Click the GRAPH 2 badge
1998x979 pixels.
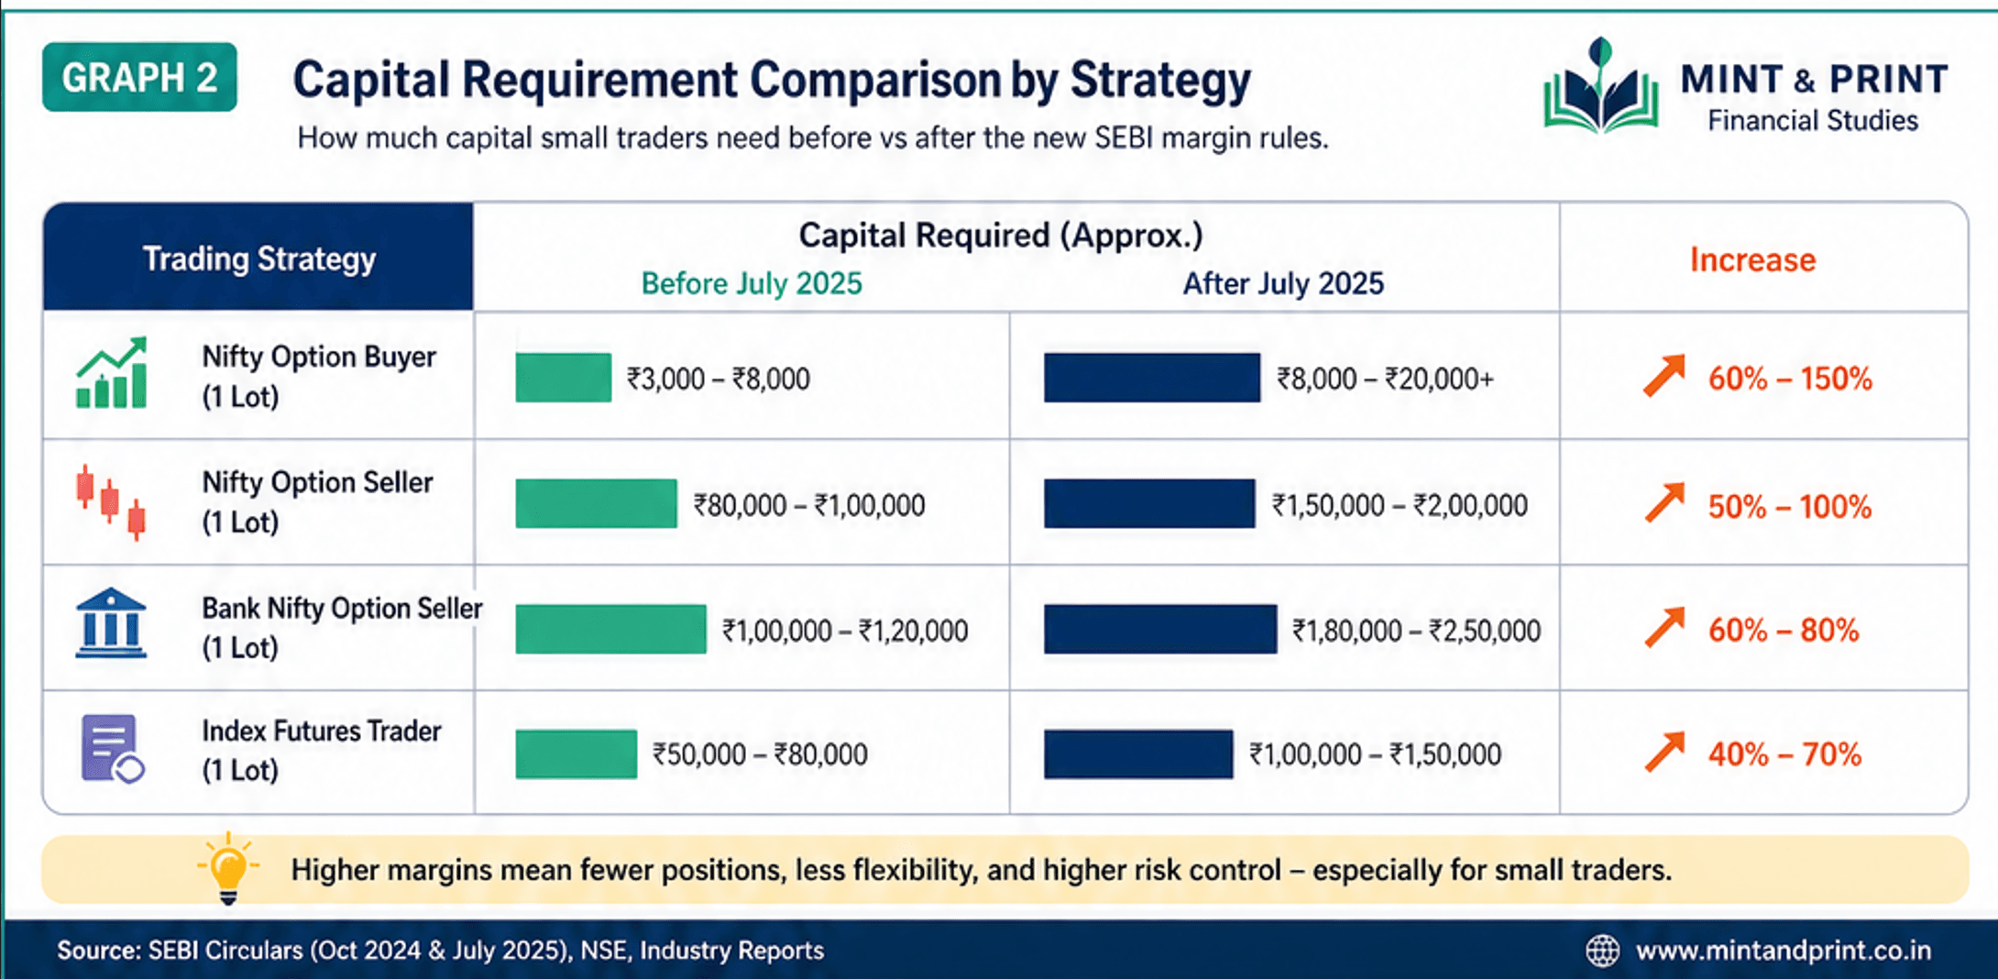click(x=139, y=77)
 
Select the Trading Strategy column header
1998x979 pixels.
click(x=258, y=258)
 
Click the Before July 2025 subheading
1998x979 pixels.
click(x=751, y=283)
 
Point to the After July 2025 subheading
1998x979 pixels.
click(x=1282, y=283)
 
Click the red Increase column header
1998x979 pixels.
click(x=1751, y=260)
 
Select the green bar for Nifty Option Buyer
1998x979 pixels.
click(x=563, y=378)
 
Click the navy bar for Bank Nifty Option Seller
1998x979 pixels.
click(x=1159, y=630)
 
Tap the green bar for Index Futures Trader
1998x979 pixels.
click(x=576, y=754)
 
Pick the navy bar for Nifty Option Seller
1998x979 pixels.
click(x=1148, y=504)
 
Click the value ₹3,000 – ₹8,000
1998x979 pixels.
click(x=718, y=379)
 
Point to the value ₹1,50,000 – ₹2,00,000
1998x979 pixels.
click(x=1399, y=505)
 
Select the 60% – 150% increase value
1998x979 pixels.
click(x=1789, y=379)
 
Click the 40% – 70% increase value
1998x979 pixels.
click(x=1784, y=754)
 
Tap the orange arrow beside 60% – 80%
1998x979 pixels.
click(x=1664, y=629)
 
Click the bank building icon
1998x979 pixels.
click(x=111, y=623)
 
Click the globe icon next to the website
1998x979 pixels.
click(x=1602, y=951)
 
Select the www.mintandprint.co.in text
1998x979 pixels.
click(x=1783, y=951)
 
